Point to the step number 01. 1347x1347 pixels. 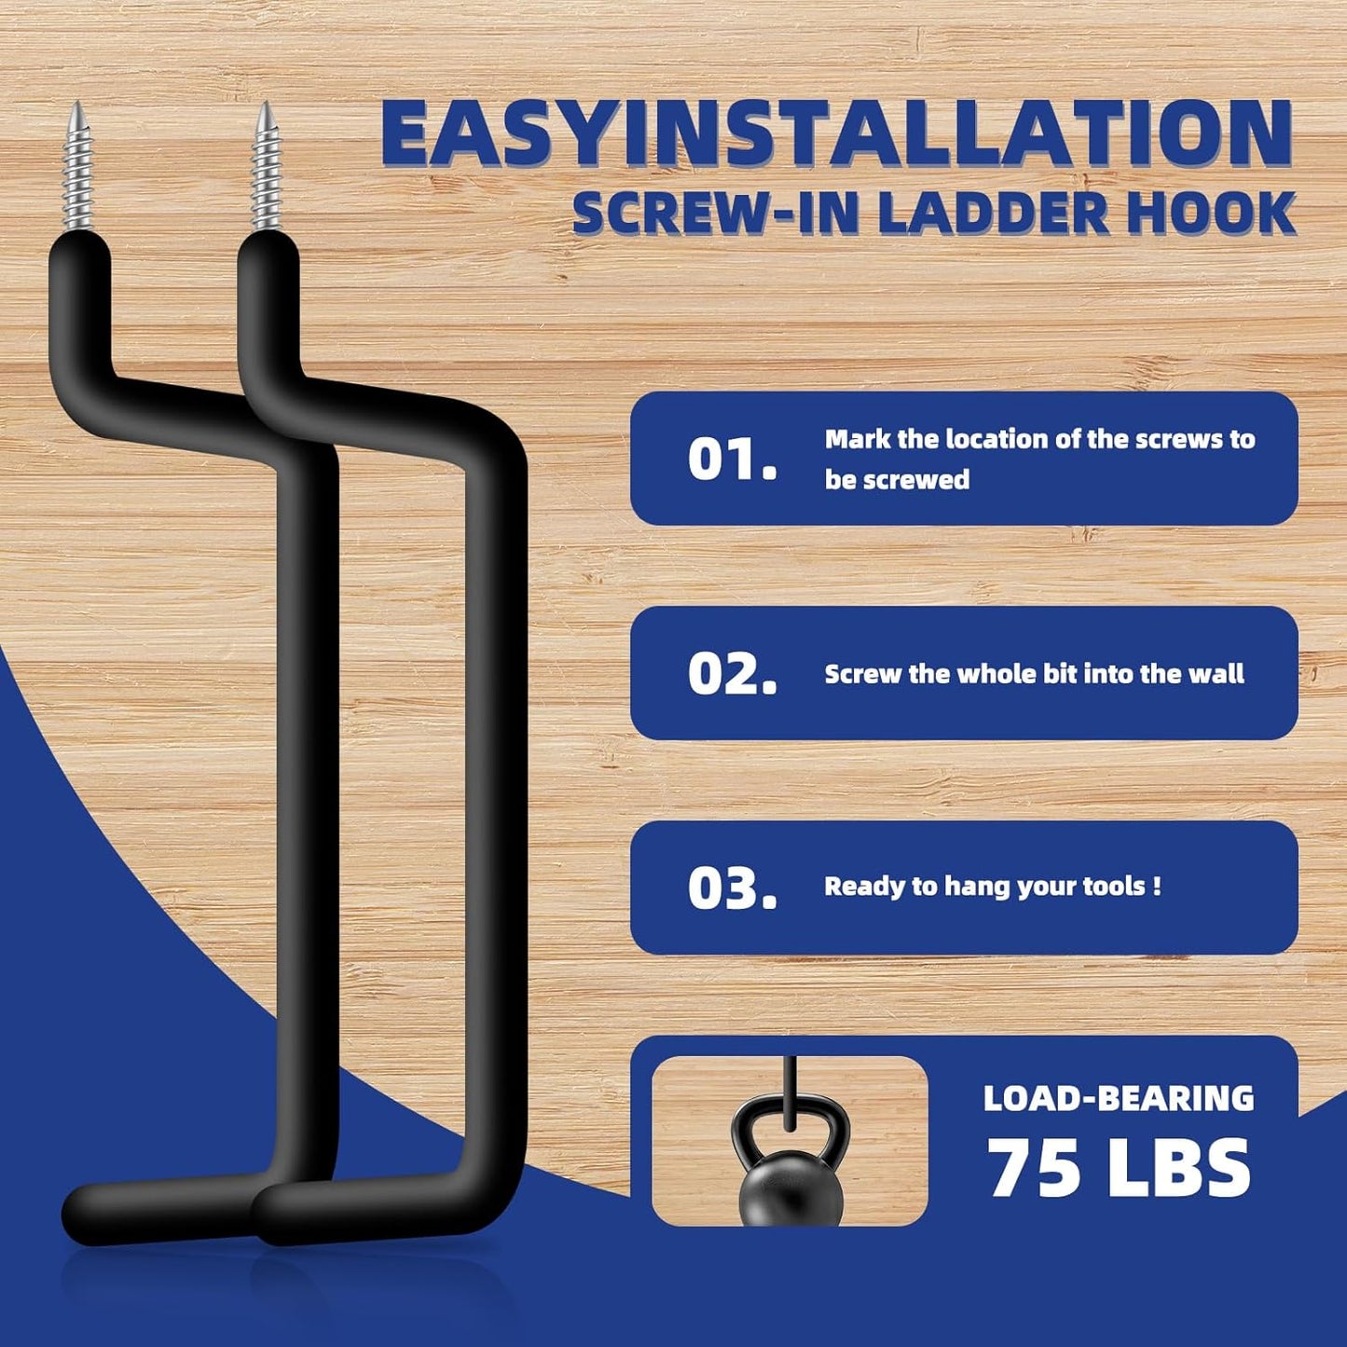click(x=731, y=460)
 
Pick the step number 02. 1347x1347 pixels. click(x=731, y=674)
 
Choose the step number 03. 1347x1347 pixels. click(x=731, y=888)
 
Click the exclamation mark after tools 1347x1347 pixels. click(x=1157, y=886)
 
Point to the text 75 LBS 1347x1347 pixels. click(x=1119, y=1168)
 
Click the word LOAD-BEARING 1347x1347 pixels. click(x=1119, y=1099)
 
